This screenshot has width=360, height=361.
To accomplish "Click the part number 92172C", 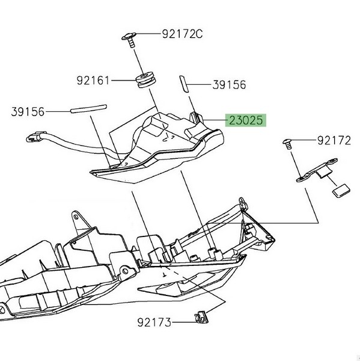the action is [x=182, y=34].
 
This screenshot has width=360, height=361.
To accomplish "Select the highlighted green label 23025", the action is [x=246, y=120].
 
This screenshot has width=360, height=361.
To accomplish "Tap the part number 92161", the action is [x=93, y=81].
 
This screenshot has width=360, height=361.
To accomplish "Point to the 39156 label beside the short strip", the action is [x=229, y=85].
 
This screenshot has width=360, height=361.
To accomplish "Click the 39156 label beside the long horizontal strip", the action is [x=28, y=112].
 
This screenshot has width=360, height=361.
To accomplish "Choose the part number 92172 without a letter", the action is [x=334, y=140].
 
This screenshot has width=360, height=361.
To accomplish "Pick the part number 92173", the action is [x=154, y=322].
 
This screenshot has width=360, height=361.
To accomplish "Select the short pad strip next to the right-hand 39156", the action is [x=184, y=84].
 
